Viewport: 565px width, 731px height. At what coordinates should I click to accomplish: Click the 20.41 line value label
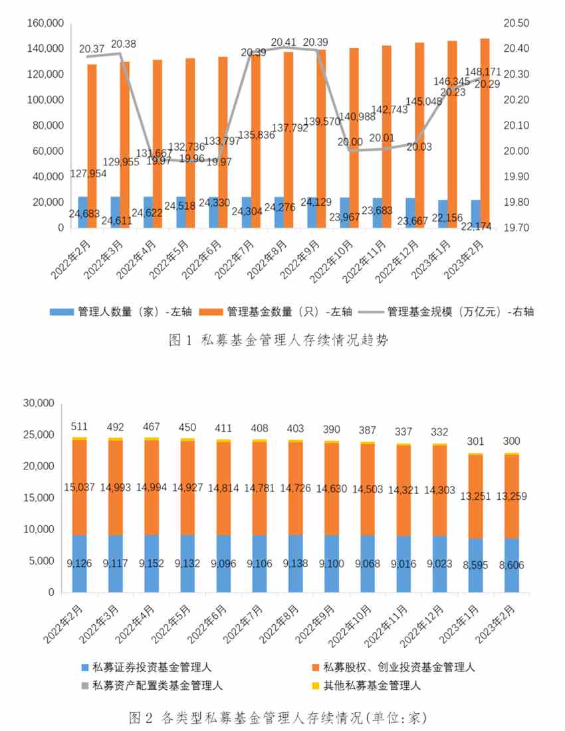pyautogui.click(x=286, y=41)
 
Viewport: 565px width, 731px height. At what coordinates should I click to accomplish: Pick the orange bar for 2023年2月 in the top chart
pyautogui.click(x=485, y=133)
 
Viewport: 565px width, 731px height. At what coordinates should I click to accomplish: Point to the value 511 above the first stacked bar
pyautogui.click(x=80, y=426)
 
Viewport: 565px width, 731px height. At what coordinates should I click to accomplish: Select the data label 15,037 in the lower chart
pyautogui.click(x=80, y=488)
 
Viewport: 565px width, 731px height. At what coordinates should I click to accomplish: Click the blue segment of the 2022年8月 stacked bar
pyautogui.click(x=296, y=564)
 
